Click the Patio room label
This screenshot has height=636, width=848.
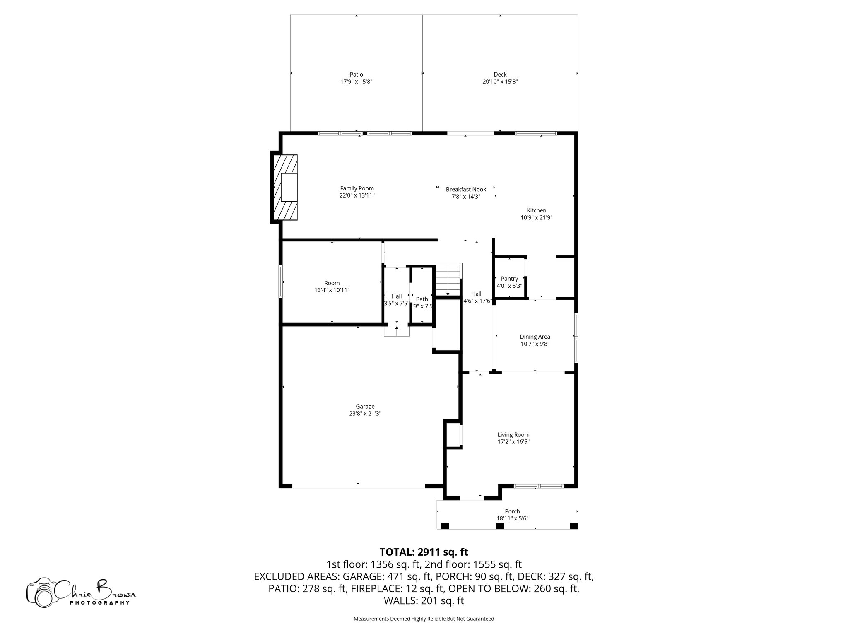pyautogui.click(x=356, y=75)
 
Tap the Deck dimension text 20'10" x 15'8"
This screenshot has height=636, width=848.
pyautogui.click(x=500, y=82)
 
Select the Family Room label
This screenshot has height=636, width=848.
pyautogui.click(x=357, y=188)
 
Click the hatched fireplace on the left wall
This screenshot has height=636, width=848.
pyautogui.click(x=285, y=187)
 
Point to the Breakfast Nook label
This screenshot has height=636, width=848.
pyautogui.click(x=466, y=189)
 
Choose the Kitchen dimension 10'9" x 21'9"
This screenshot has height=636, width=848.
pyautogui.click(x=536, y=217)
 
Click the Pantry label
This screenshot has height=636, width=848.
pyautogui.click(x=509, y=279)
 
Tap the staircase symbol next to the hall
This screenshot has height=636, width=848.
pyautogui.click(x=448, y=278)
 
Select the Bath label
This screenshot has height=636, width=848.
pyautogui.click(x=422, y=299)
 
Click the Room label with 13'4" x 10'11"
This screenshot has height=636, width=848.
pyautogui.click(x=332, y=283)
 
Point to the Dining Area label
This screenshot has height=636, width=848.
pyautogui.click(x=535, y=337)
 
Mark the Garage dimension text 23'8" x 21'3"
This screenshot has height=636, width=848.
pyautogui.click(x=365, y=413)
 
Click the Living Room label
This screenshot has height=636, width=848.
pyautogui.click(x=513, y=434)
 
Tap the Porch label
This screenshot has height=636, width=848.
pyautogui.click(x=512, y=511)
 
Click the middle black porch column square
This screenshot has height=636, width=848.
pyautogui.click(x=500, y=525)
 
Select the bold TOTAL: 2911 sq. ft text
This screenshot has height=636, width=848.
pyautogui.click(x=424, y=552)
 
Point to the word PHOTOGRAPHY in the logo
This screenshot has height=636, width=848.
pyautogui.click(x=99, y=603)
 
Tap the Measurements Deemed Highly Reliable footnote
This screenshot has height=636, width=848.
pyautogui.click(x=424, y=619)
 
